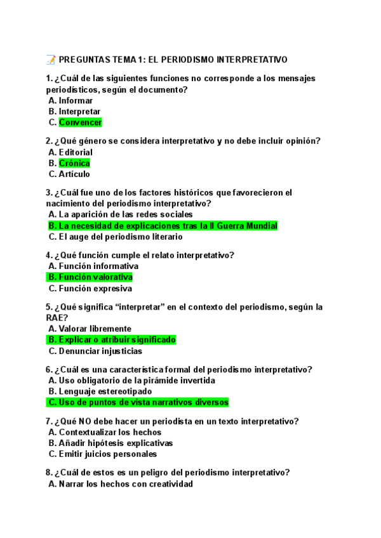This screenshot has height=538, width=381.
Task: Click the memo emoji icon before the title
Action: [51, 60]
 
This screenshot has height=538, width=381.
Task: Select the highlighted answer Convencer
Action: [80, 122]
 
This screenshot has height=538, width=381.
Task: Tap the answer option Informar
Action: [76, 100]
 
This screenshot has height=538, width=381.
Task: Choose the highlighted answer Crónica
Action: [74, 163]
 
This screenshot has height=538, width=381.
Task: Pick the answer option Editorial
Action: [75, 152]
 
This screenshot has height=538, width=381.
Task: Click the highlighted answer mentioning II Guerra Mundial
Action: [163, 226]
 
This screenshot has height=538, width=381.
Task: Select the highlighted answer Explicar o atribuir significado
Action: [111, 340]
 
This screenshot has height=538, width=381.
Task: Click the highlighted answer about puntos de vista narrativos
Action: [137, 402]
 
